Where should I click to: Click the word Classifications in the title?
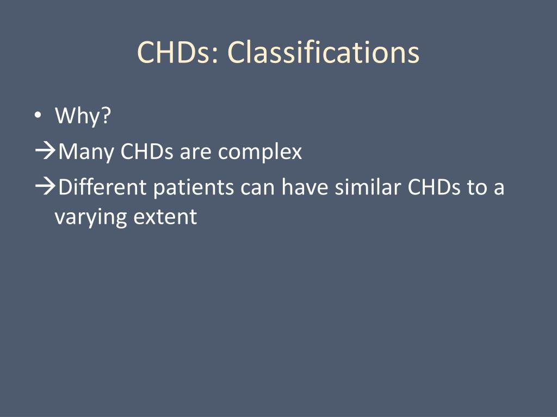click(x=323, y=53)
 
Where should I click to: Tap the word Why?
click(x=83, y=116)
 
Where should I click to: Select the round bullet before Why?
click(x=37, y=116)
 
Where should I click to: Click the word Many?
click(x=86, y=152)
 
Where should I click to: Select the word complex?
click(x=260, y=152)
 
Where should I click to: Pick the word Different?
click(x=103, y=187)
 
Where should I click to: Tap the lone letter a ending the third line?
click(x=499, y=188)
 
